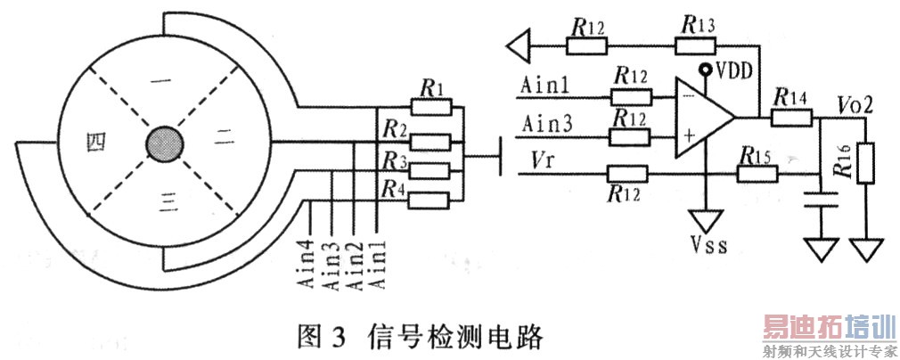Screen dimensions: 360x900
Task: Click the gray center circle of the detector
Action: tap(163, 143)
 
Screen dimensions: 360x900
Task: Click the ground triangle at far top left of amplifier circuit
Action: tap(520, 42)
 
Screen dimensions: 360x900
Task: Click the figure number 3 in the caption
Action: tap(338, 336)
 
